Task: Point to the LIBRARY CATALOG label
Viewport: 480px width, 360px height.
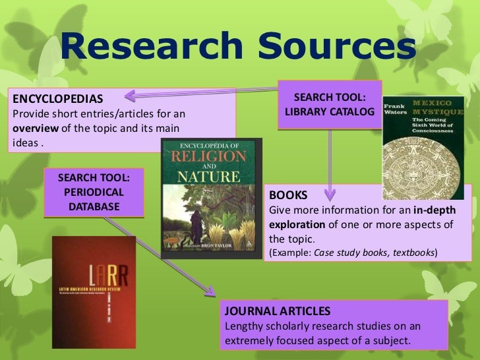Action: click(x=330, y=113)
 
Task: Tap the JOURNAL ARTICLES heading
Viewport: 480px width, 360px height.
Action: click(x=278, y=311)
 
